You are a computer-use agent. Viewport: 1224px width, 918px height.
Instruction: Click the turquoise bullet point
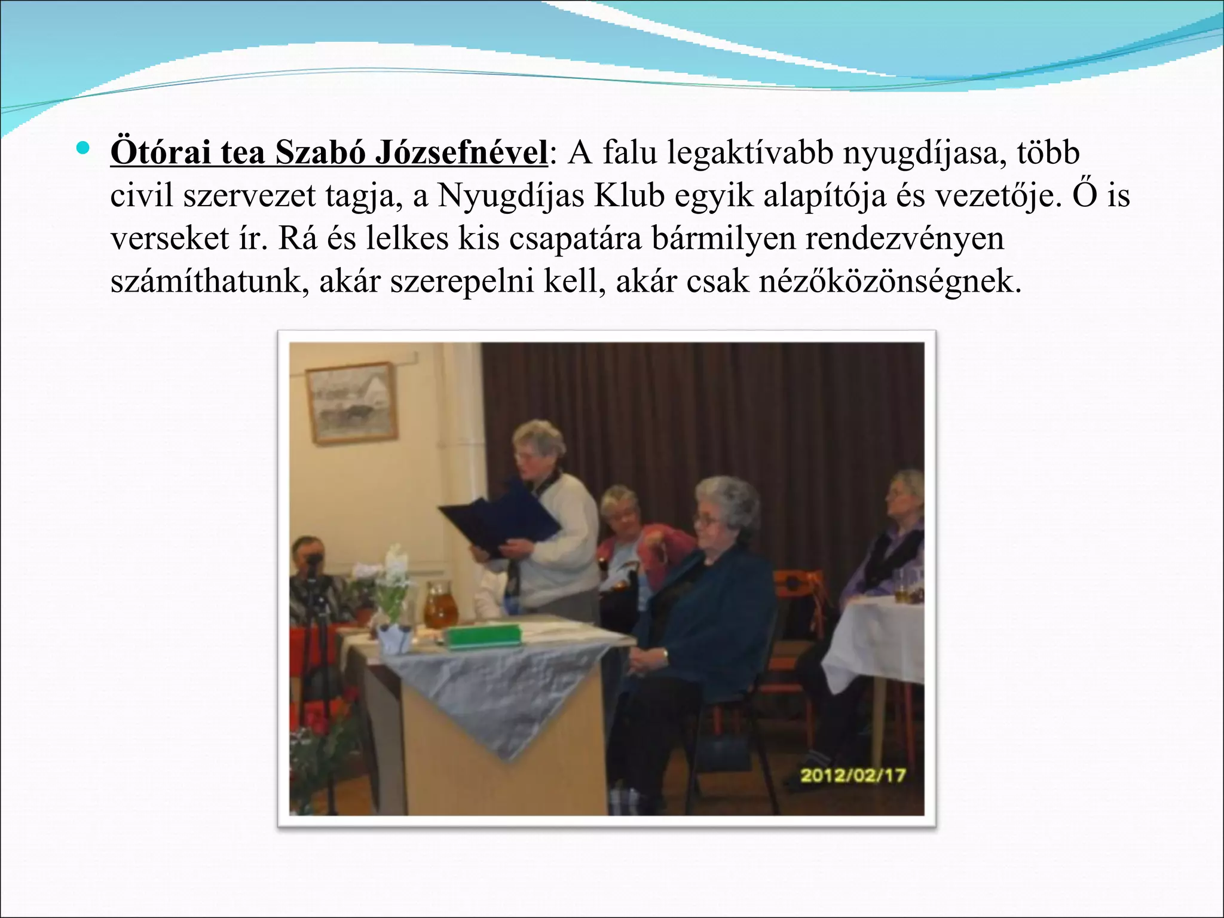[82, 146]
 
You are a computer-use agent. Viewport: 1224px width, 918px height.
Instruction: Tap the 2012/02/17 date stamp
[853, 776]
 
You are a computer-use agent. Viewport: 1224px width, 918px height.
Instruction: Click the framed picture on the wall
[351, 403]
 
